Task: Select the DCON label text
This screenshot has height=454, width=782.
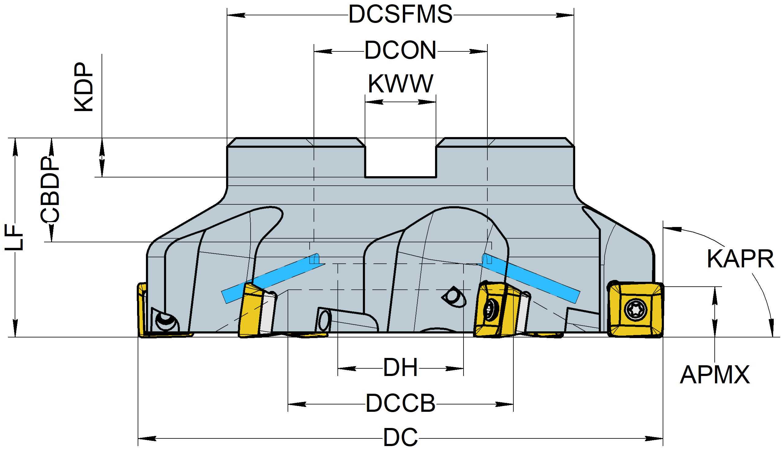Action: pyautogui.click(x=400, y=50)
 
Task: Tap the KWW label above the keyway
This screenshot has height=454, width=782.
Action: pyautogui.click(x=400, y=84)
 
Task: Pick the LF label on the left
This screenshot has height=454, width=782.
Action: pyautogui.click(x=14, y=237)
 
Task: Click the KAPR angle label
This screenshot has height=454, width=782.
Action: pyautogui.click(x=740, y=259)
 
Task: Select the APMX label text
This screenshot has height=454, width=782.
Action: pyautogui.click(x=715, y=375)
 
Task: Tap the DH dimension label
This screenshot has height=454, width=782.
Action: pyautogui.click(x=400, y=368)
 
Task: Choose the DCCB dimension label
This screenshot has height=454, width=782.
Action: pyautogui.click(x=400, y=404)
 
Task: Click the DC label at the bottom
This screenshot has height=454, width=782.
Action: pyautogui.click(x=400, y=438)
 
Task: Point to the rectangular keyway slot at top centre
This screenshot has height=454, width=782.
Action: pyautogui.click(x=400, y=161)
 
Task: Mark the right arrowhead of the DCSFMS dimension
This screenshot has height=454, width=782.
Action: pyautogui.click(x=565, y=15)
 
